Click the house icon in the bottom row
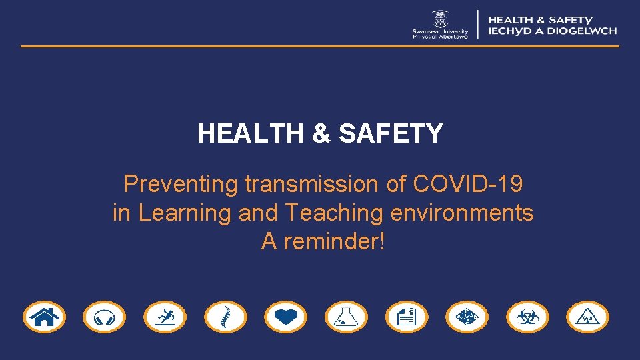tap(44, 317)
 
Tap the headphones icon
tap(104, 317)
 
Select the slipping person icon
tap(165, 317)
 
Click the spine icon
tap(225, 317)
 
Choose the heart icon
tap(285, 317)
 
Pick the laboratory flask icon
tap(346, 317)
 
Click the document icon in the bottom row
tap(407, 317)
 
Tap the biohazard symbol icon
tap(527, 317)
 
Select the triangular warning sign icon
tap(587, 317)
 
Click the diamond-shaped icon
tap(467, 317)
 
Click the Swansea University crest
tap(440, 18)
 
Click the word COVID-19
tap(468, 184)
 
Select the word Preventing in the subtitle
tap(181, 184)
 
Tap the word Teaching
tap(333, 213)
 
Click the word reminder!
tap(334, 241)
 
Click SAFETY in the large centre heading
tap(391, 134)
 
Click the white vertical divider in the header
tap(478, 24)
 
